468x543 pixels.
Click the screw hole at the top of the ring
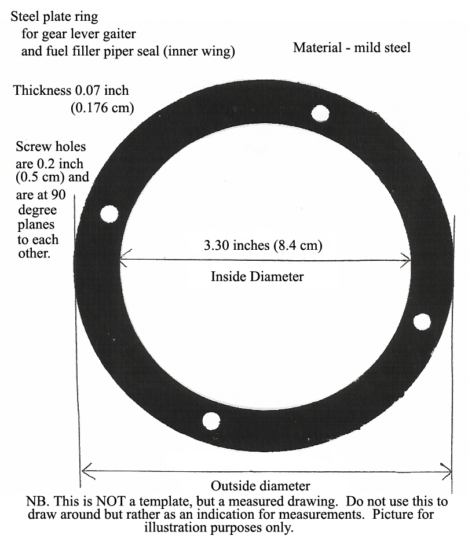pos(320,113)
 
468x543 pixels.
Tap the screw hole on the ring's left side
pos(109,213)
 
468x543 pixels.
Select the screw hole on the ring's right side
pos(422,322)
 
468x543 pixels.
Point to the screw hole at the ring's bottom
pos(211,421)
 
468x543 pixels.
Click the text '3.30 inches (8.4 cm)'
pos(263,246)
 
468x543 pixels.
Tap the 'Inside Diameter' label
pos(257,276)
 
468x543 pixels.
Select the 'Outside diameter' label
pos(260,486)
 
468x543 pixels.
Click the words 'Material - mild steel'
pos(352,48)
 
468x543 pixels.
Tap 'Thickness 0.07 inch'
pos(71,90)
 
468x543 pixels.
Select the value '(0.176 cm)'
pos(103,108)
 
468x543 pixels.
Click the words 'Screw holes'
pos(50,146)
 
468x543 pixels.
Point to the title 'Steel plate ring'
pos(54,17)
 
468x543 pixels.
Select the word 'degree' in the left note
pos(38,210)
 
